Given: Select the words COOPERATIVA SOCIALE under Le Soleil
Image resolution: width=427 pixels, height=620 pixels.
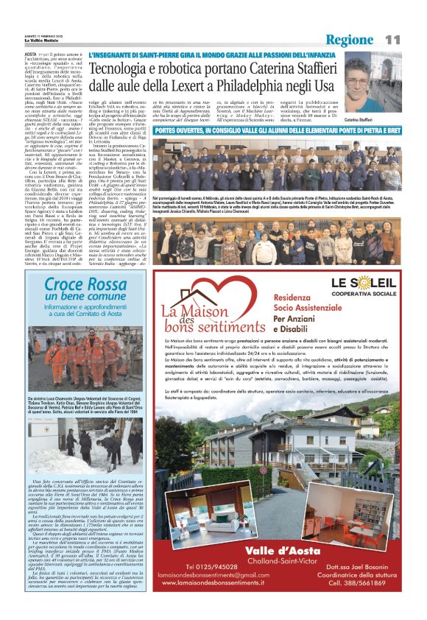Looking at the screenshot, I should [x=370, y=292].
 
